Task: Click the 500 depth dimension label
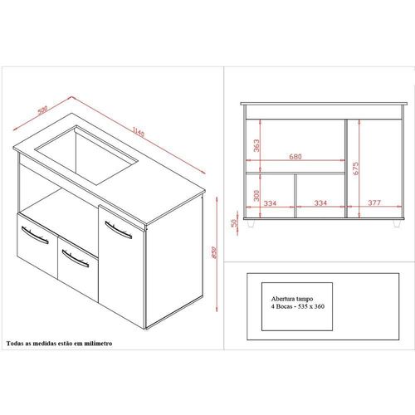pyautogui.click(x=42, y=110)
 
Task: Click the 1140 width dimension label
pyautogui.click(x=139, y=131)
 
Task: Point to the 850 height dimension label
pyautogui.click(x=214, y=252)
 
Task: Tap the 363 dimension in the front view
pyautogui.click(x=256, y=145)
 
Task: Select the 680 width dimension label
pyautogui.click(x=295, y=157)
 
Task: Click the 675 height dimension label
pyautogui.click(x=355, y=168)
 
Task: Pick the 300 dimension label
pyautogui.click(x=256, y=195)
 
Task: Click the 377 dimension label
pyautogui.click(x=374, y=203)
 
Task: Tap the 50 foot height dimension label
pyautogui.click(x=234, y=222)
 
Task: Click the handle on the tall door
pyautogui.click(x=119, y=230)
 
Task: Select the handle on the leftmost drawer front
pyautogui.click(x=35, y=235)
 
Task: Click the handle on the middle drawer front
pyautogui.click(x=76, y=258)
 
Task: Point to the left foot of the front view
pyautogui.click(x=251, y=223)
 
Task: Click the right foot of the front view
pyautogui.click(x=397, y=223)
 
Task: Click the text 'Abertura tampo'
pyautogui.click(x=292, y=299)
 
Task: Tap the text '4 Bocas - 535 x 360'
pyautogui.click(x=298, y=306)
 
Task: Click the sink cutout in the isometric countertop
pyautogui.click(x=86, y=155)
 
